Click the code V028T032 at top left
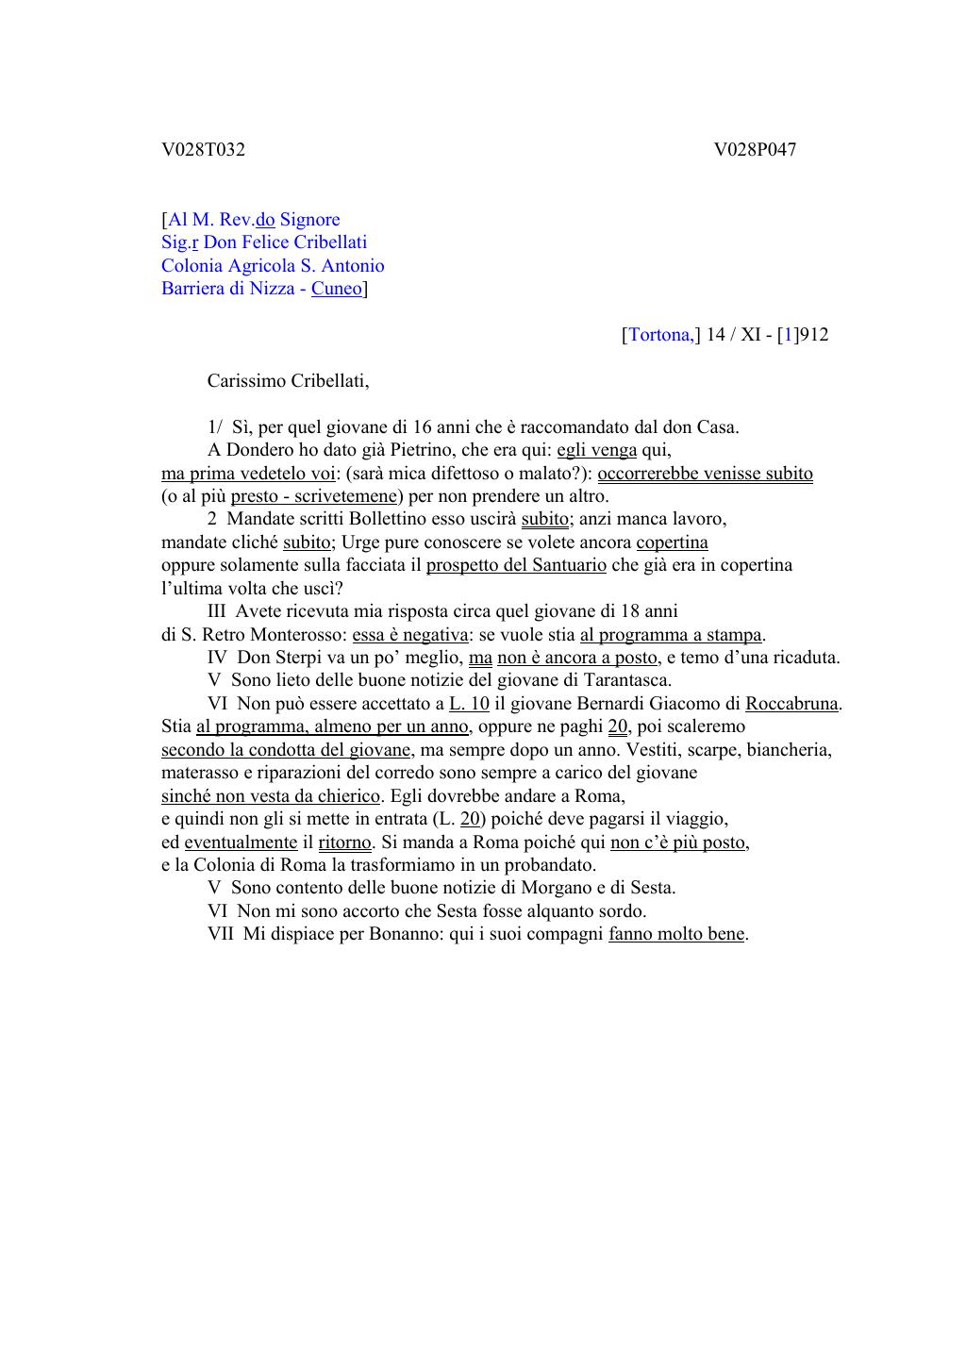(x=203, y=149)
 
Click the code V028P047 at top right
(x=755, y=149)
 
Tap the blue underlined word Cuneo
(x=337, y=289)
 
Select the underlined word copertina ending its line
(x=672, y=542)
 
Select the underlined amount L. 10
(x=469, y=704)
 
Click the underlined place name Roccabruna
(x=791, y=704)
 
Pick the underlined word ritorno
(x=344, y=842)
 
